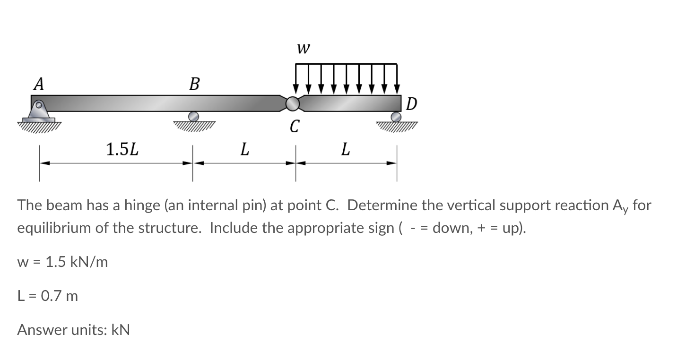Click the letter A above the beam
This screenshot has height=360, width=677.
tap(39, 84)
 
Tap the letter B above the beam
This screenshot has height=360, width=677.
tap(194, 85)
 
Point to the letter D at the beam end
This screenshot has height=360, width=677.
tap(411, 103)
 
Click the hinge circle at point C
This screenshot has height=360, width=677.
tap(293, 103)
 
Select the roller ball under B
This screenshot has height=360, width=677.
tap(193, 116)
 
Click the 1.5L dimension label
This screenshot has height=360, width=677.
tap(122, 150)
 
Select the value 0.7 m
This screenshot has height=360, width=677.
tap(60, 296)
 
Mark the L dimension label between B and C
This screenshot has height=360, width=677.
tap(244, 150)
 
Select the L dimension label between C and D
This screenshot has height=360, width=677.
tap(346, 150)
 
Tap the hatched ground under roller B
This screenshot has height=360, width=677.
tap(194, 125)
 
